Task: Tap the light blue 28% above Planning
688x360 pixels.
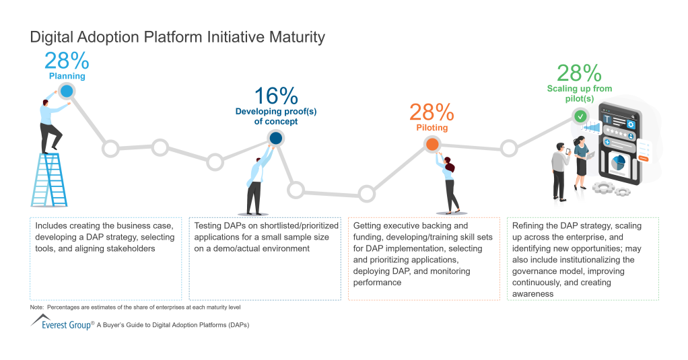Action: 67,61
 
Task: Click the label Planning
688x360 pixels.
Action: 67,77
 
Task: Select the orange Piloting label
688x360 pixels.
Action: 432,127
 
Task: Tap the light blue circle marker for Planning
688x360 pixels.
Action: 66,91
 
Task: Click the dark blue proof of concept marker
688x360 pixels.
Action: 275,138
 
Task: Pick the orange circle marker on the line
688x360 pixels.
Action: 432,144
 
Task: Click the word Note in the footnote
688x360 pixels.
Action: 38,307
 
